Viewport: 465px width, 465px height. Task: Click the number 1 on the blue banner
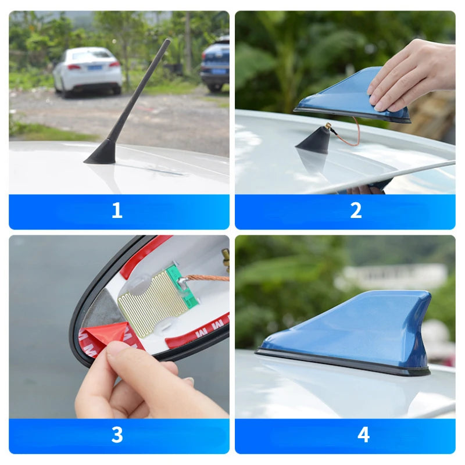pos(117,211)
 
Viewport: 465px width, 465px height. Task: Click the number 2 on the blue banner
pos(356,211)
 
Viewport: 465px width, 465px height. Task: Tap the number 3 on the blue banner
pos(117,435)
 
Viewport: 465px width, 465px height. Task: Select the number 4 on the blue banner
pos(363,435)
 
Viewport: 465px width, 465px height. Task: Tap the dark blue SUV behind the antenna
pos(215,63)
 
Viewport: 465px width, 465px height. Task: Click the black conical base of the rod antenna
pos(103,153)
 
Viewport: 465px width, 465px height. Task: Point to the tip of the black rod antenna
pos(167,41)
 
